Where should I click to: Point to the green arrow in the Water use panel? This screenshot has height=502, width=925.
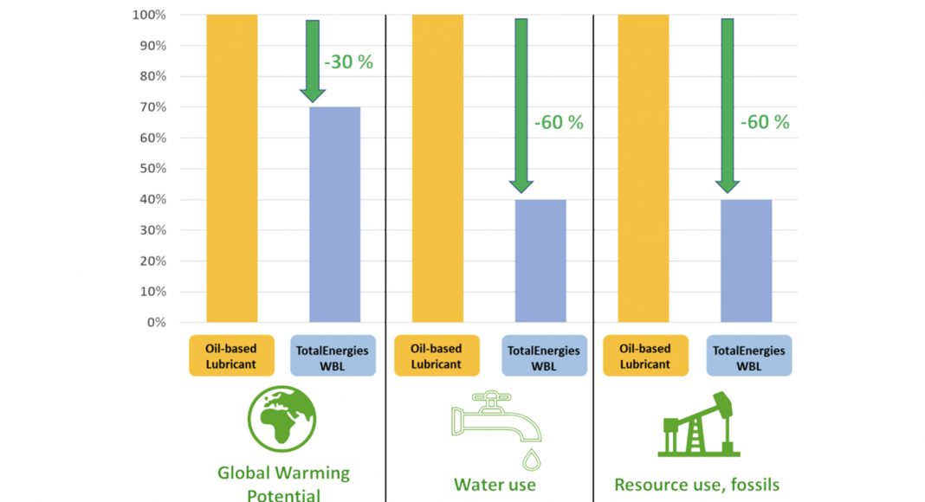(x=521, y=104)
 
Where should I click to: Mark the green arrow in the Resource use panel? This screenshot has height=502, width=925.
(x=728, y=104)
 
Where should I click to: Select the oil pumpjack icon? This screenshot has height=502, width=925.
(x=699, y=423)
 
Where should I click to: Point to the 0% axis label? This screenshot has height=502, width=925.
(x=155, y=323)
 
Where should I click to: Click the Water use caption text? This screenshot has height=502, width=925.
(x=495, y=485)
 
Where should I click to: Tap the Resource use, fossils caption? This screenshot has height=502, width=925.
(x=697, y=485)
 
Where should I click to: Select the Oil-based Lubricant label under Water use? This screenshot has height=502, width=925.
(x=437, y=357)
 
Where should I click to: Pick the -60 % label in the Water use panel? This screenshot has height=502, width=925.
(x=559, y=123)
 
